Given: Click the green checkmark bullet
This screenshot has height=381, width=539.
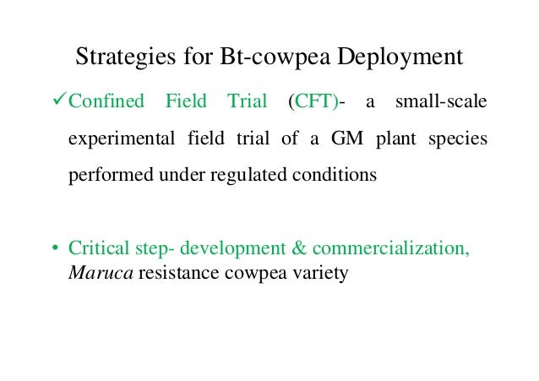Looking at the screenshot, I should click(57, 102).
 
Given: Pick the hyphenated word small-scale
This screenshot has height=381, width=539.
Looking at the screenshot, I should click(442, 103).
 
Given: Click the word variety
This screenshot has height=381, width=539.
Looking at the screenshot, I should click(318, 275).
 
